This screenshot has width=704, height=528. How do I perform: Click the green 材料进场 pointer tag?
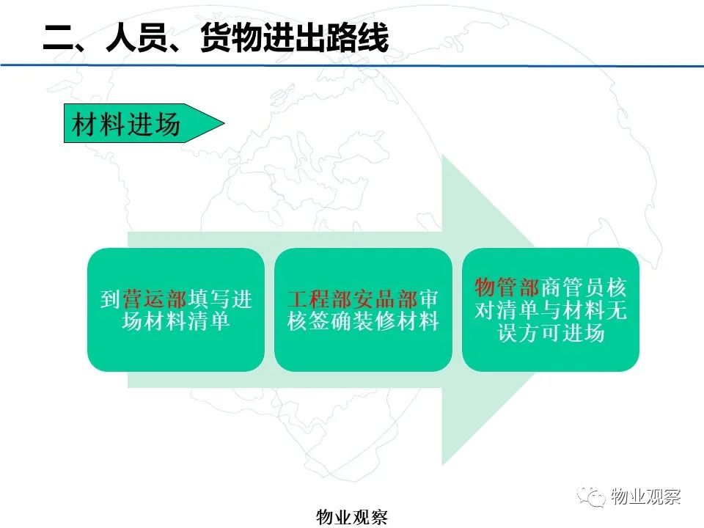[144, 123]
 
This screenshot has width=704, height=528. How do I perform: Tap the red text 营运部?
[155, 299]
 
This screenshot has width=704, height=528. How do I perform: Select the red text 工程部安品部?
[353, 299]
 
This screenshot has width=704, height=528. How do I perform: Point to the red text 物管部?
[507, 287]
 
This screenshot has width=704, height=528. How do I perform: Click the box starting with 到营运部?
[176, 309]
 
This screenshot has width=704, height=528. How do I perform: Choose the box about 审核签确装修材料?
[363, 309]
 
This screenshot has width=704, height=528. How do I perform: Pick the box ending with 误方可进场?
[551, 309]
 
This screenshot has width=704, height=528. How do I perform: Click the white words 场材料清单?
[176, 321]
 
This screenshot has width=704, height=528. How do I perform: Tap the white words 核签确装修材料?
[363, 321]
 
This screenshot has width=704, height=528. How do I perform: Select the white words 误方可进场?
[551, 333]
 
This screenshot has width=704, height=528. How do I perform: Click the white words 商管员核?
[583, 287]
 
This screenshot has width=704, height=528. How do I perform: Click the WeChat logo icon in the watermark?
[592, 496]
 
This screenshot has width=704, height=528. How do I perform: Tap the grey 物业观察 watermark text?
[645, 496]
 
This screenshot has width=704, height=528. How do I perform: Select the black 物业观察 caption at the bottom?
[352, 517]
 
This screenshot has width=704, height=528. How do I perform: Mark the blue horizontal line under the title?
[352, 65]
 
